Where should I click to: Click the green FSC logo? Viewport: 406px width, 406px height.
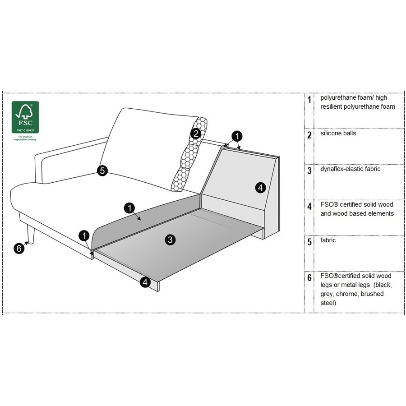click(25, 117)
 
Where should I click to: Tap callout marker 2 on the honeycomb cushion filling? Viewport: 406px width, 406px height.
click(195, 133)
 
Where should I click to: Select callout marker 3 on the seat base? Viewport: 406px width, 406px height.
click(170, 240)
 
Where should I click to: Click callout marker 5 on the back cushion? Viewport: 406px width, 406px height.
click(102, 171)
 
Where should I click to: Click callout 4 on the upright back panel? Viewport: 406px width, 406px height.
click(260, 188)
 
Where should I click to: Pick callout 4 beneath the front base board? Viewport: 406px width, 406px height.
click(144, 282)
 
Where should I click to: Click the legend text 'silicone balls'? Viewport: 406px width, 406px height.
click(338, 134)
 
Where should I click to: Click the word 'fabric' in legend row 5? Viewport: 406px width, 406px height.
click(328, 240)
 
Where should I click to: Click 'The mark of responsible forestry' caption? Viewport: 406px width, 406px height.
click(25, 138)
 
